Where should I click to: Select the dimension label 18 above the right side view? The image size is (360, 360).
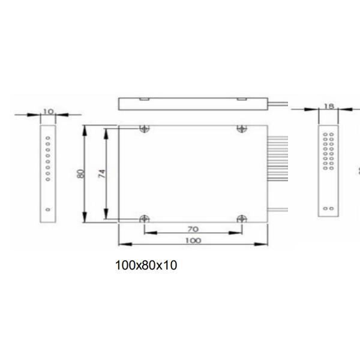[328, 106]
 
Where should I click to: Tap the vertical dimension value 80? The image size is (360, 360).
[80, 173]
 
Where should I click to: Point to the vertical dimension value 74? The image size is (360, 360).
[102, 173]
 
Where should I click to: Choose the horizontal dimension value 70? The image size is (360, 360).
[193, 229]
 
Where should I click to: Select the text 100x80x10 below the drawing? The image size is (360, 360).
[146, 265]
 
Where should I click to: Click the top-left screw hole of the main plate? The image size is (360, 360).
[143, 128]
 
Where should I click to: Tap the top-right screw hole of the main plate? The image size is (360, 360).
[242, 128]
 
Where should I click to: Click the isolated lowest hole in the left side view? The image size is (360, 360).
[48, 209]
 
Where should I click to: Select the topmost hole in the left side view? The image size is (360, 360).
[48, 136]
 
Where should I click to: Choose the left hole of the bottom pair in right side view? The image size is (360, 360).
[325, 209]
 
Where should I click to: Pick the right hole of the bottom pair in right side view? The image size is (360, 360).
[331, 209]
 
